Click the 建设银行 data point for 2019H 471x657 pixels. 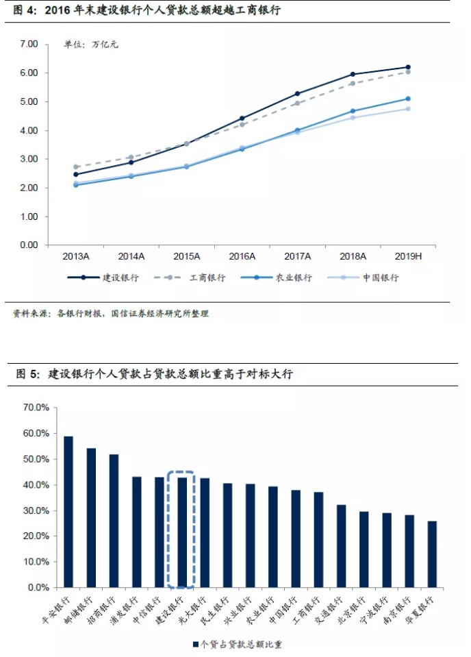tap(408, 67)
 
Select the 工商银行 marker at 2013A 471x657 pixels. tap(76, 166)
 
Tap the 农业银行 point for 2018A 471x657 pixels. tap(353, 111)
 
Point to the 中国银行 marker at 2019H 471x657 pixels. tap(408, 108)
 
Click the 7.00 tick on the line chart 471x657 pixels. tap(29, 44)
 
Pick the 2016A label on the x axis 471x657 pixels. tap(242, 256)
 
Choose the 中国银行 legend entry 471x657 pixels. tap(373, 277)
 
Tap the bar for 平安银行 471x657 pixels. tap(68, 512)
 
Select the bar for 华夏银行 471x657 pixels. tap(432, 554)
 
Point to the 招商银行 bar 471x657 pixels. tap(114, 521)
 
